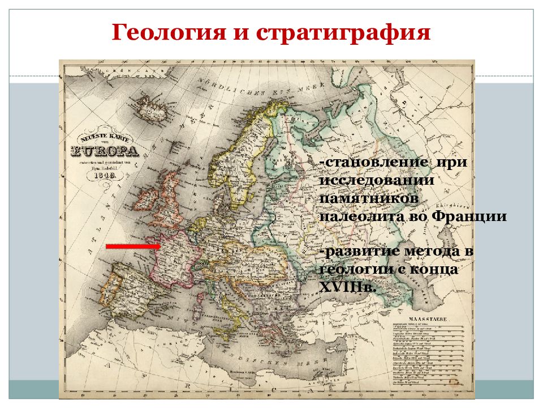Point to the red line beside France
tap(133, 246)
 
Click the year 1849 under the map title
tap(104, 176)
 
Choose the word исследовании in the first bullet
tap(377, 180)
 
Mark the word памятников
tap(370, 198)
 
